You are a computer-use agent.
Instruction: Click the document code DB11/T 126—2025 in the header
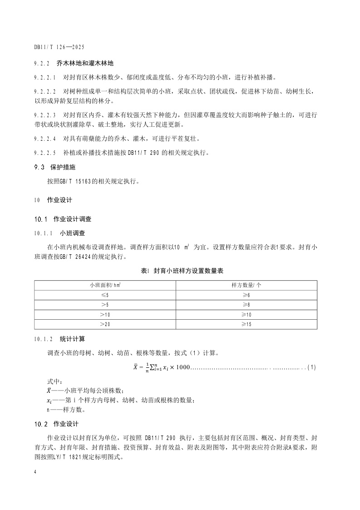coord(59,47)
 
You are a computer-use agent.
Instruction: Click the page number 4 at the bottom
coord(35,472)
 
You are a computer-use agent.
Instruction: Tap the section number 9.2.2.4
coord(45,138)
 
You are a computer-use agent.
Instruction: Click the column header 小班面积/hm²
coord(105,285)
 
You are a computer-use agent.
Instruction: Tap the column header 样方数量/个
coord(246,285)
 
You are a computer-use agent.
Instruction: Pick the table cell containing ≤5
coord(105,295)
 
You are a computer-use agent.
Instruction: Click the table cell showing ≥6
coord(246,295)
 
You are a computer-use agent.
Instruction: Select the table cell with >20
coord(105,324)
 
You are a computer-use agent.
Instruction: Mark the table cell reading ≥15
coord(246,324)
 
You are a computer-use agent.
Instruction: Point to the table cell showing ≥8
coord(246,305)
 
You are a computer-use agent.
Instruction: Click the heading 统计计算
coord(72,339)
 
